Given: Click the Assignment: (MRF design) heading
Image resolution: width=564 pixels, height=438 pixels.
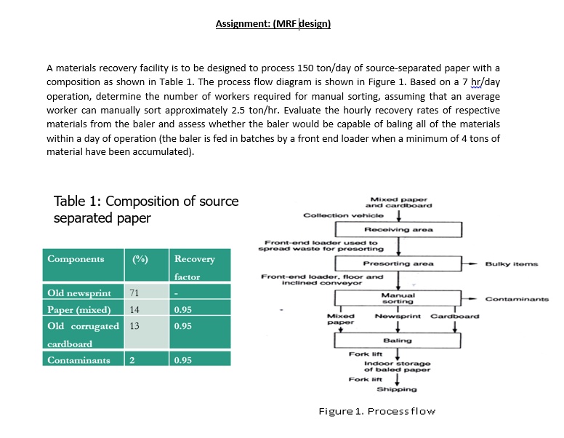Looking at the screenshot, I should pos(273,24).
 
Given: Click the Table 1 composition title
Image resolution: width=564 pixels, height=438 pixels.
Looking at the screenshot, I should pos(145,210).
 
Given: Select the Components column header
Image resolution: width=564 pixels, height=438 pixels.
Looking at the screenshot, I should pos(76,259).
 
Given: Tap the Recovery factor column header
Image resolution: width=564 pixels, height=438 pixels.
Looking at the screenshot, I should pos(195,267).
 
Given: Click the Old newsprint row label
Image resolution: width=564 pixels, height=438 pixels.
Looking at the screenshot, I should pos(79,293).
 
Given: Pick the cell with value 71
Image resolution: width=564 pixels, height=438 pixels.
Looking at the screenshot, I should pos(134,293).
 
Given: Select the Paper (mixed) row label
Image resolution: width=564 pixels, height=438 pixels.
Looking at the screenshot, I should pos(78,309).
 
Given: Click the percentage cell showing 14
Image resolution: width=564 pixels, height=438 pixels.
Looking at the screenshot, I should pos(134,309).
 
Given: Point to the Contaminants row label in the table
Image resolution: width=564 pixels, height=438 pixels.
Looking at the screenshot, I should pos(78,360).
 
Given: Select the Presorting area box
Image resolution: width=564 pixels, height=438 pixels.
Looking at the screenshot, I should pos(398,263).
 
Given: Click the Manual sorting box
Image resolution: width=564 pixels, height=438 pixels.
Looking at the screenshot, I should pos(398,298).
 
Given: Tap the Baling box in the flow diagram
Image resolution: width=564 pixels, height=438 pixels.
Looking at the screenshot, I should pos(398,340).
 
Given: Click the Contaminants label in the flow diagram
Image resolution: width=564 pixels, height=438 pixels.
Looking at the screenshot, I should pos(517,298).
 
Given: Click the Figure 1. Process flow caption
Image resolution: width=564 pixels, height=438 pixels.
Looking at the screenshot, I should pos(377,412).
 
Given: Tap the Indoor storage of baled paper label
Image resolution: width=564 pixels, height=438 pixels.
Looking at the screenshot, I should pos(398,366).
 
